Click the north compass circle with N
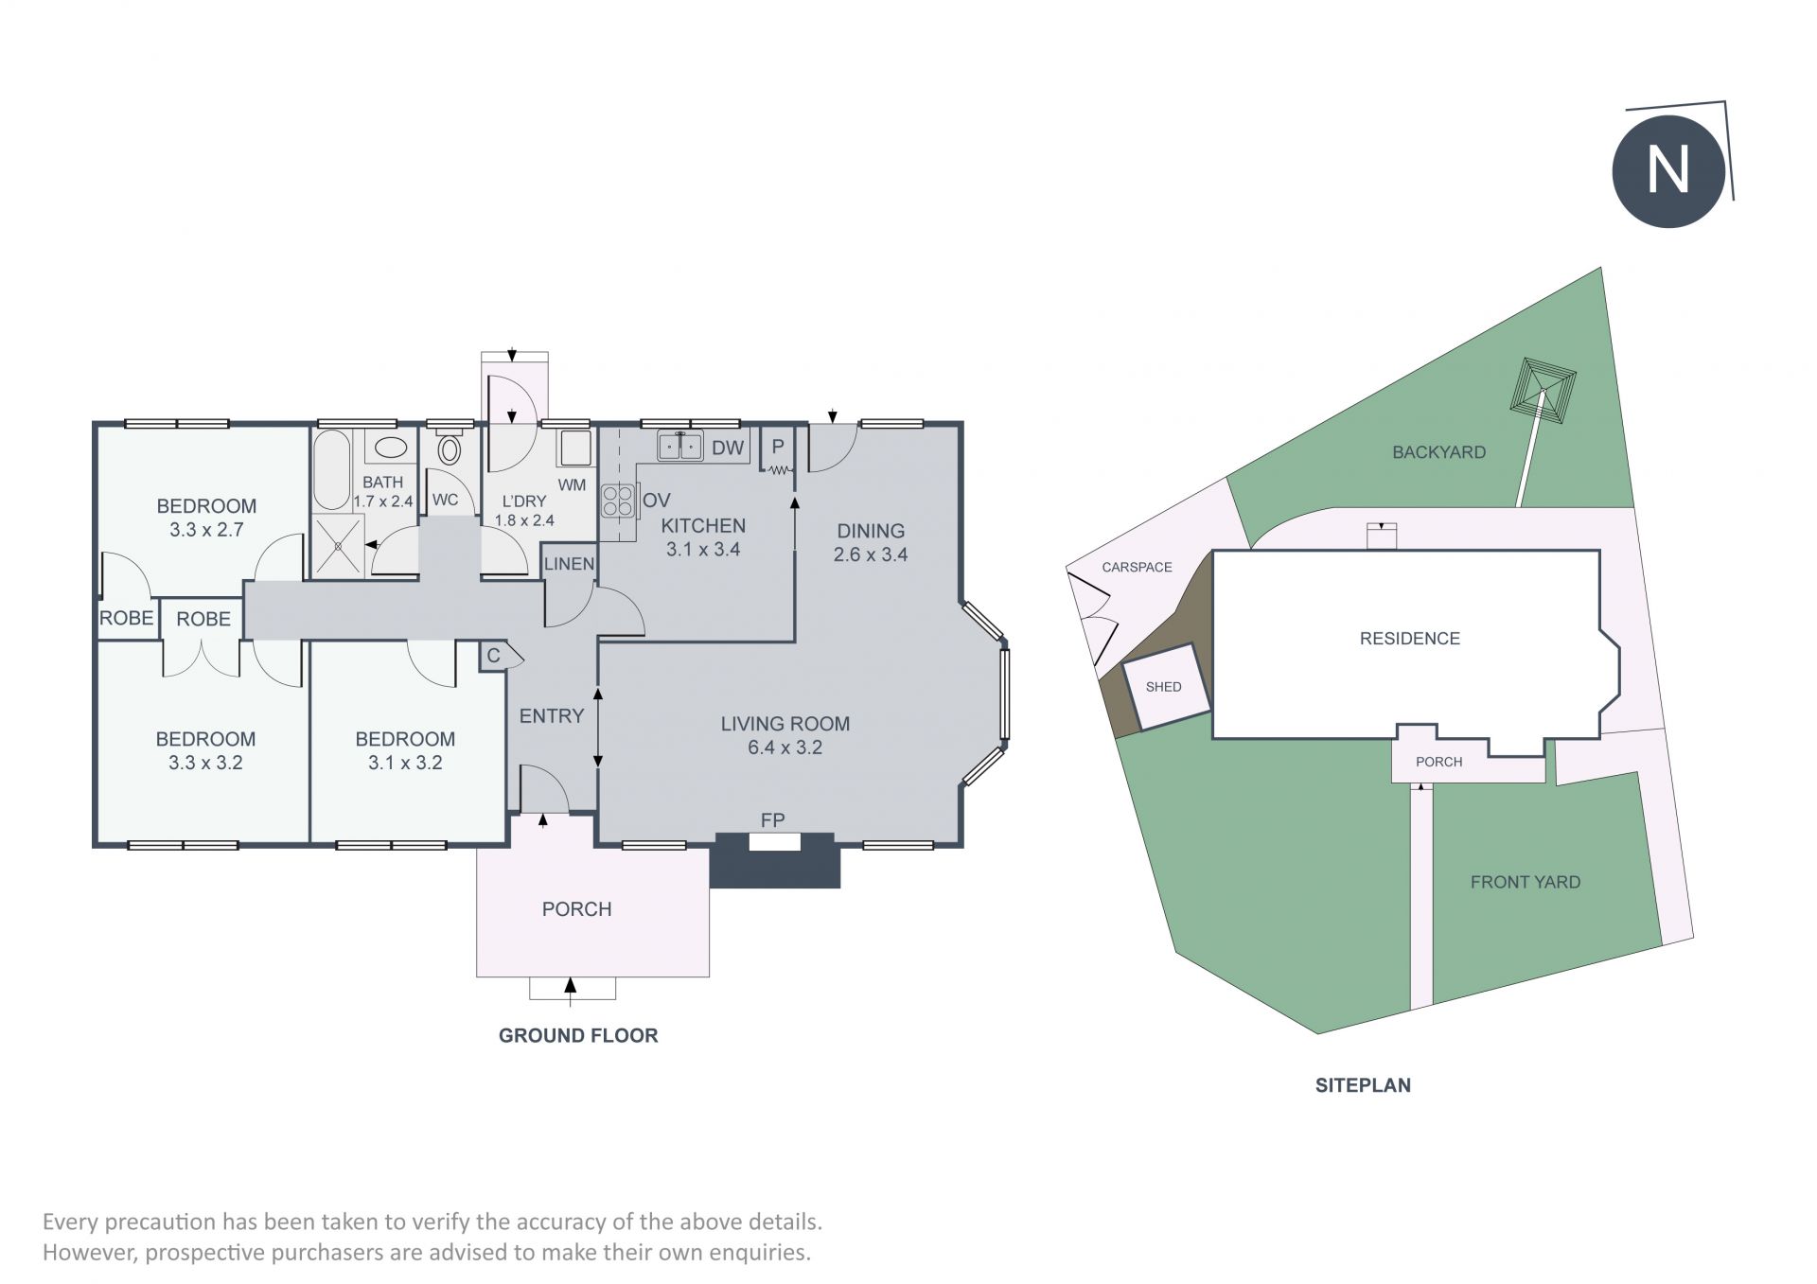[x=1668, y=171]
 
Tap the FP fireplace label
[x=773, y=820]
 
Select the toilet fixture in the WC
[x=450, y=448]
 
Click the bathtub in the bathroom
[x=331, y=470]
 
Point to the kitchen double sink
[x=680, y=445]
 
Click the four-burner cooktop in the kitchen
[x=617, y=501]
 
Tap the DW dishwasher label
[x=728, y=448]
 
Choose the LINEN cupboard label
[x=569, y=564]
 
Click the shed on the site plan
[x=1165, y=686]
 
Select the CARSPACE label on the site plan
[x=1137, y=567]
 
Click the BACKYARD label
[x=1438, y=452]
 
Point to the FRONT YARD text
[x=1526, y=882]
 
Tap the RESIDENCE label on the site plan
[x=1410, y=639]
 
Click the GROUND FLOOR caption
[x=578, y=1035]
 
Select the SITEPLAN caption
[x=1363, y=1085]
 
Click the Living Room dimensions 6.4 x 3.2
[x=785, y=748]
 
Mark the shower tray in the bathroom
[x=338, y=545]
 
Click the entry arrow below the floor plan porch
[x=570, y=988]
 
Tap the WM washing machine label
[x=573, y=485]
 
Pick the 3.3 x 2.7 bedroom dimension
[x=206, y=530]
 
